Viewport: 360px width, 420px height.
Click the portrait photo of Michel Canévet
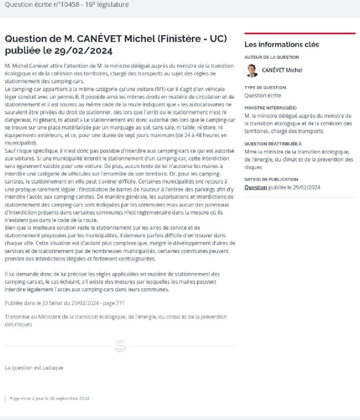pyautogui.click(x=252, y=70)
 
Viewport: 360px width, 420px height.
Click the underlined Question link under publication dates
pyautogui.click(x=256, y=187)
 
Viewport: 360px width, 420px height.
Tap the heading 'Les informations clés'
pyautogui.click(x=282, y=45)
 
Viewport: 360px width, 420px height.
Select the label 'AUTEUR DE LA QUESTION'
pyautogui.click(x=272, y=57)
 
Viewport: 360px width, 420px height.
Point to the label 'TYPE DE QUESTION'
pyautogui.click(x=265, y=88)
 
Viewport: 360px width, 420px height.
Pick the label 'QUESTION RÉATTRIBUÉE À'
pyautogui.click(x=273, y=143)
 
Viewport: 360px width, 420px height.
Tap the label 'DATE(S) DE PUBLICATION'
pyautogui.click(x=271, y=179)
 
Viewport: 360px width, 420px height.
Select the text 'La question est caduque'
pyautogui.click(x=34, y=367)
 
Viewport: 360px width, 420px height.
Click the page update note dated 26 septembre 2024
pyautogui.click(x=49, y=398)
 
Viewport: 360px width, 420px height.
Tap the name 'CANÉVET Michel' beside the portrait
pyautogui.click(x=282, y=70)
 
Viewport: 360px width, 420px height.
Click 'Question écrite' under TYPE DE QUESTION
pyautogui.click(x=263, y=96)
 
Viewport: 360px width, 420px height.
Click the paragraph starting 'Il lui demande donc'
pyautogui.click(x=112, y=281)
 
